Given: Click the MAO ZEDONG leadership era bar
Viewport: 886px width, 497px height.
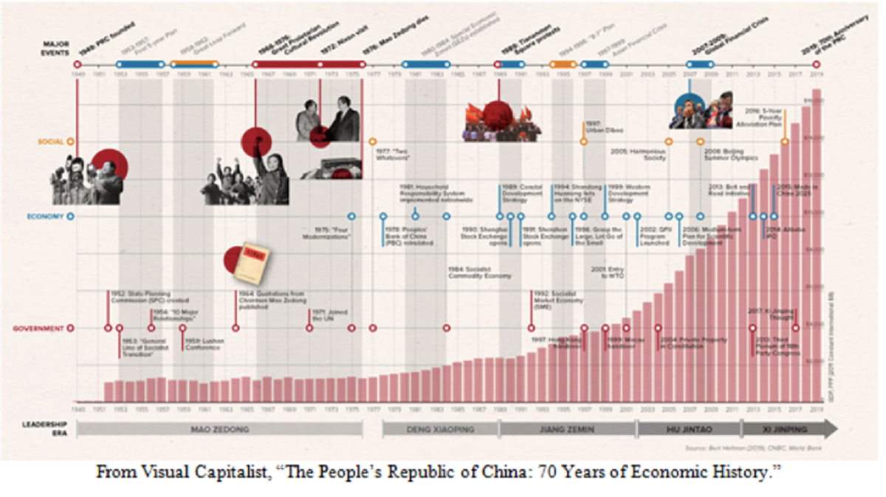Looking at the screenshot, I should pos(219,428).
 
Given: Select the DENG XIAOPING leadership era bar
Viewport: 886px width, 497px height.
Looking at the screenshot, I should pos(440,428).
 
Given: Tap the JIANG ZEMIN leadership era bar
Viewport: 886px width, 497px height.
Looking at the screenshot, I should pos(567,428).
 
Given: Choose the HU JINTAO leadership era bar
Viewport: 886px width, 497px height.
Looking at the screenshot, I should pos(688,428).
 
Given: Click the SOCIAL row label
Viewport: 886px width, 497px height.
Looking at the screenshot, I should pos(50,140).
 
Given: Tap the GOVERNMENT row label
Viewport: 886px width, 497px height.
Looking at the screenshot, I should pos(41,328).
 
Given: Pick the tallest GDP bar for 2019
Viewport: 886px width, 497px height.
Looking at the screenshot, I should pos(817,244).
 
